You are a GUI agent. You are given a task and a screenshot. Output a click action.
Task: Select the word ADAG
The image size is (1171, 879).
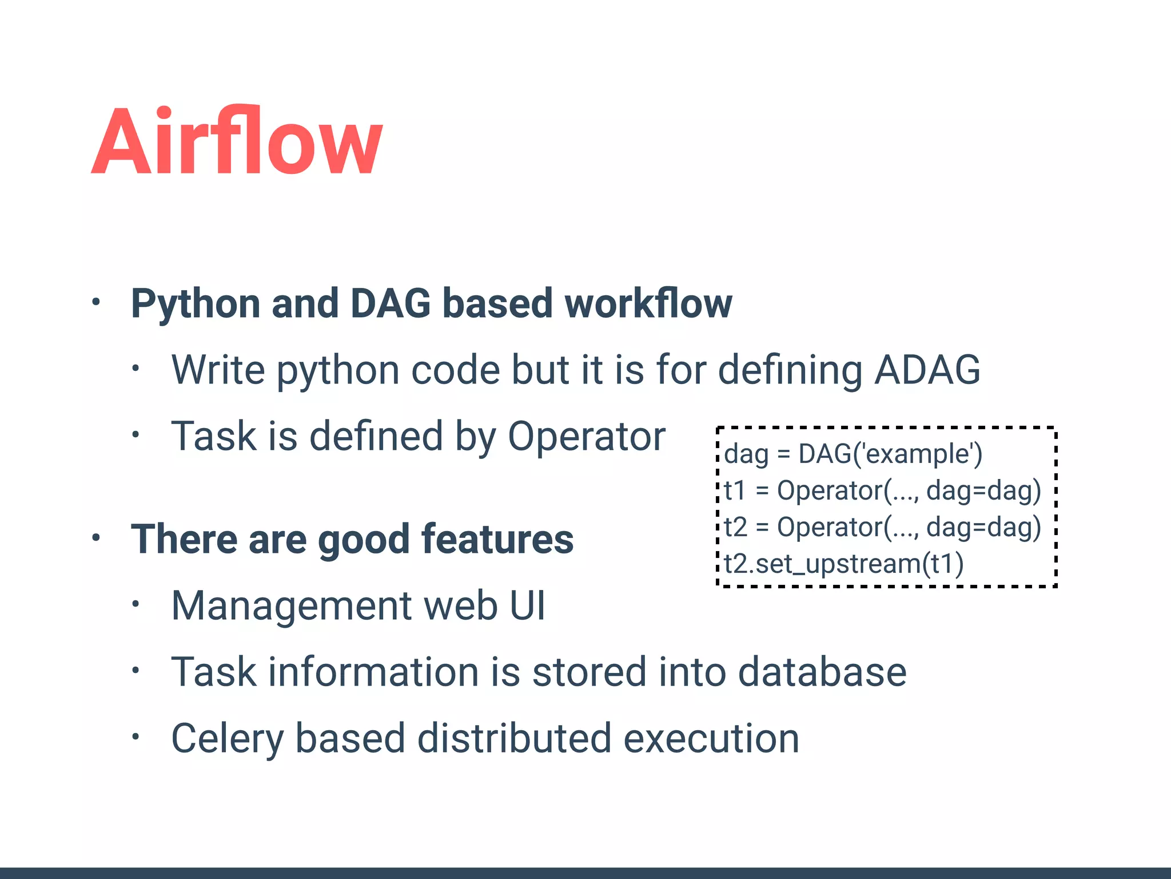point(927,370)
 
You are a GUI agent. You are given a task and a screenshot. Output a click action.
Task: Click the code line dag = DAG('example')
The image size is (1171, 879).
point(853,454)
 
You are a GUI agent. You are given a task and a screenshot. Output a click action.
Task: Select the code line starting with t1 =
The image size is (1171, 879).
point(882,491)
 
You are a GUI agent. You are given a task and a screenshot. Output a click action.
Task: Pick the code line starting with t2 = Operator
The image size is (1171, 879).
point(882,528)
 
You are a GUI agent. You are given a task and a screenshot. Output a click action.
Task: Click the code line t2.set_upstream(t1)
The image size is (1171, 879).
point(844,564)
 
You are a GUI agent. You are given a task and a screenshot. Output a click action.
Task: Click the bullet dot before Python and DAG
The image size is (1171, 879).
point(96,302)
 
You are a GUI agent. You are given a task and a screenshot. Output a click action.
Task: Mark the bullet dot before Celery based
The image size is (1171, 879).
point(136,737)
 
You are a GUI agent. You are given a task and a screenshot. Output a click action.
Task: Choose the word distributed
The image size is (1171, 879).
point(515,739)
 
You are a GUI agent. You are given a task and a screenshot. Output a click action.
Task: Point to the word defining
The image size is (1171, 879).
point(790,370)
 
